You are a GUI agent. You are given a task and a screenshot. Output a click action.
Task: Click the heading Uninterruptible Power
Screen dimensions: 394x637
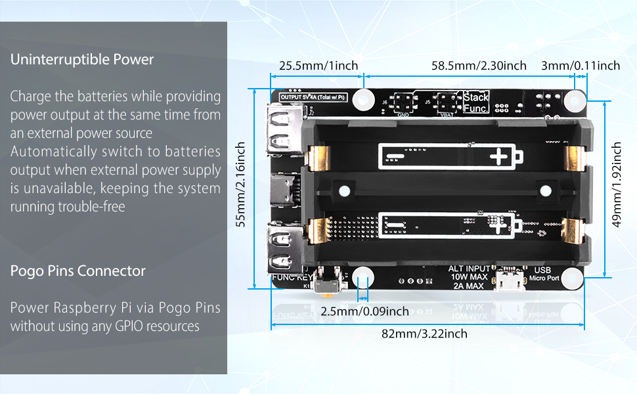[82, 60]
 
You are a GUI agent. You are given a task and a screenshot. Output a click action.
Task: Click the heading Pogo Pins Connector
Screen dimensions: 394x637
[78, 271]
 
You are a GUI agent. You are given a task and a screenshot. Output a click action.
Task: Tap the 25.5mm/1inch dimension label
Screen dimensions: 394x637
[318, 65]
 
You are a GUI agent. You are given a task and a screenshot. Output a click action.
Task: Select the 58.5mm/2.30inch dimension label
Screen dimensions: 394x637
[479, 65]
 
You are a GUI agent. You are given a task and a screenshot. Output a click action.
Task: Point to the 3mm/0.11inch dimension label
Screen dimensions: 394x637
[580, 65]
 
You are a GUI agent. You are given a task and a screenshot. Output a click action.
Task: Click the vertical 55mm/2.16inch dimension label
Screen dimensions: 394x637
[241, 185]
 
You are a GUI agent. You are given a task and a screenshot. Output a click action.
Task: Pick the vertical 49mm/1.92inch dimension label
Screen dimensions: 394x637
[617, 185]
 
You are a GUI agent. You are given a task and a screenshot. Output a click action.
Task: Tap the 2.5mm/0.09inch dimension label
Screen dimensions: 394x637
[364, 311]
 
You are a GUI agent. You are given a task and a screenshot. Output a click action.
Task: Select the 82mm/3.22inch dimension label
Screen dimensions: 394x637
[424, 334]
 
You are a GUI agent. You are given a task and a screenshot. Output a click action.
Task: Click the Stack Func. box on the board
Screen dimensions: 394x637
[475, 102]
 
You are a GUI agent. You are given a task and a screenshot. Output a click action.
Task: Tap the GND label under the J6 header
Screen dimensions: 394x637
[403, 114]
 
